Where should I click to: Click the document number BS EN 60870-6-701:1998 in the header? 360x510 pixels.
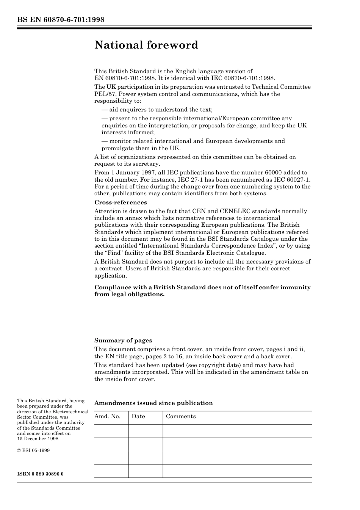tap(61, 20)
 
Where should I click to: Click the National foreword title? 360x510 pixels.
tap(146, 45)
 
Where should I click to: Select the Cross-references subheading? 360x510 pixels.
tap(121, 202)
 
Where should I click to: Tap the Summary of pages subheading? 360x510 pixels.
tap(123, 341)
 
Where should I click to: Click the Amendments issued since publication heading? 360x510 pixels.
tap(153, 403)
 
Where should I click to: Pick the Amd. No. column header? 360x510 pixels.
tap(107, 416)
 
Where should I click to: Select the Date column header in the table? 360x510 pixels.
tap(138, 416)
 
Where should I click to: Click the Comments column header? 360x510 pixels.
tap(181, 416)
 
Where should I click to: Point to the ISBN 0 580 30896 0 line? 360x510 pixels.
tap(41, 474)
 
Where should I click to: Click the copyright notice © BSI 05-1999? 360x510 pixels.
tap(33, 450)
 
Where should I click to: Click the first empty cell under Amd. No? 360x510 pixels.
tap(111, 431)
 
